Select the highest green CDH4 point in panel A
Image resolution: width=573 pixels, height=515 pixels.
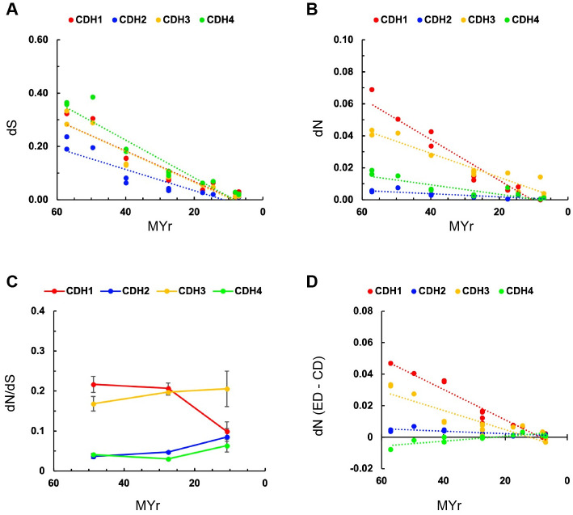point(92,97)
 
